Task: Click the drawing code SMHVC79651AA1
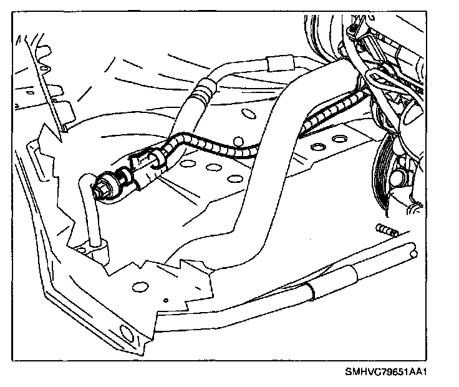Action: [x=389, y=372]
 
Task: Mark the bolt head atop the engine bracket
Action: [x=354, y=29]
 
